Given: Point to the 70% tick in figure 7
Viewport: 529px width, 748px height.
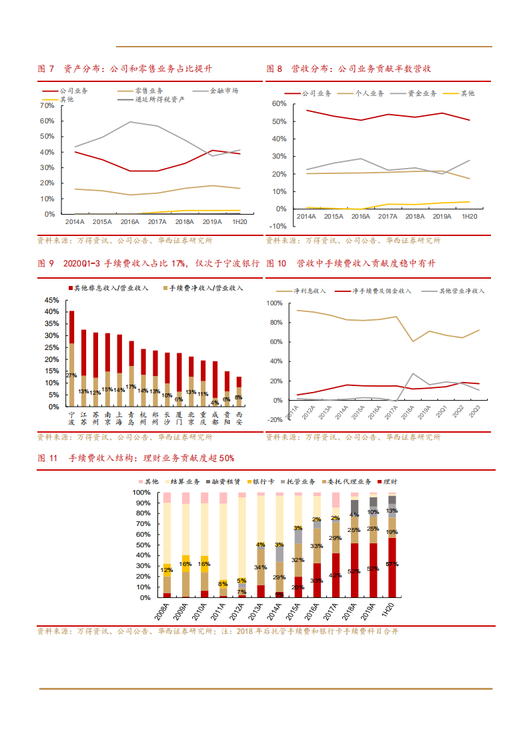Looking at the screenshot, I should [x=47, y=105].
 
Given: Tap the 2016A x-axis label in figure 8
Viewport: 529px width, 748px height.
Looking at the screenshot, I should [x=360, y=217].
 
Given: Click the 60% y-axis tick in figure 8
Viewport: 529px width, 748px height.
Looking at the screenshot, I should [x=279, y=104].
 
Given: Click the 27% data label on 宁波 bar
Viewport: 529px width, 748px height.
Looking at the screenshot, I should [x=71, y=376].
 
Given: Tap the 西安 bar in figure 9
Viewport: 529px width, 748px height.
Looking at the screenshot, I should [x=239, y=392].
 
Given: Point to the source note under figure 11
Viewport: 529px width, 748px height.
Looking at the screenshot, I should [x=217, y=631].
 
